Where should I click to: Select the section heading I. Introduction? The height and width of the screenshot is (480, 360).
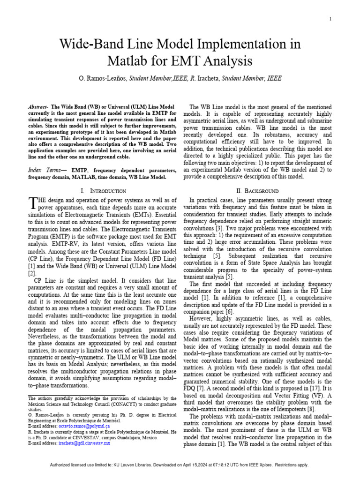click(x=103, y=191)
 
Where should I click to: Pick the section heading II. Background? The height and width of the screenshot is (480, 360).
click(x=257, y=191)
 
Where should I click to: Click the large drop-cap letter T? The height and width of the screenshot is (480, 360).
click(x=33, y=202)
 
